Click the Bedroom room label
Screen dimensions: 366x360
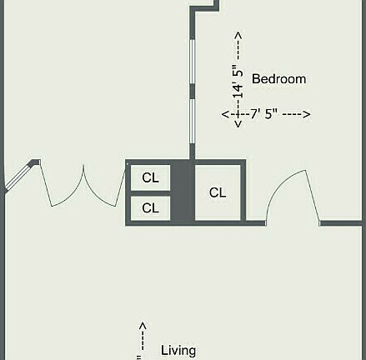(x=278, y=79)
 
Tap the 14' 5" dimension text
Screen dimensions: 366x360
(x=238, y=82)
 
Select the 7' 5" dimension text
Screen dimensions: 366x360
(x=264, y=114)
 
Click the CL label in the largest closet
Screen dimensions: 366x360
(x=218, y=192)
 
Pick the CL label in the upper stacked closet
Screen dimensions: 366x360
(x=150, y=177)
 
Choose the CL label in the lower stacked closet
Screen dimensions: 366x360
(x=150, y=207)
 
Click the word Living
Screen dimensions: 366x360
(x=178, y=351)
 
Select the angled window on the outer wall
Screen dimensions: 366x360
(x=18, y=177)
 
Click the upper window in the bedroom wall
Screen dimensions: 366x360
(x=193, y=62)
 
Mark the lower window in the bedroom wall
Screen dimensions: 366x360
(x=193, y=121)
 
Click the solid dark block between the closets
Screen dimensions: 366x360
(x=183, y=192)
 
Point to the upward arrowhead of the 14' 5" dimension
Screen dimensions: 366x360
(x=238, y=35)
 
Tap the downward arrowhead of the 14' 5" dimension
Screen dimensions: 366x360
(x=238, y=124)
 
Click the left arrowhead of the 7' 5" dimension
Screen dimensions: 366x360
(x=225, y=114)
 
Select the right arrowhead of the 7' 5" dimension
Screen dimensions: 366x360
(x=307, y=114)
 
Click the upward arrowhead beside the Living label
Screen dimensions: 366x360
(x=143, y=326)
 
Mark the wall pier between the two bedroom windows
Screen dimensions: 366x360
(x=193, y=91)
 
